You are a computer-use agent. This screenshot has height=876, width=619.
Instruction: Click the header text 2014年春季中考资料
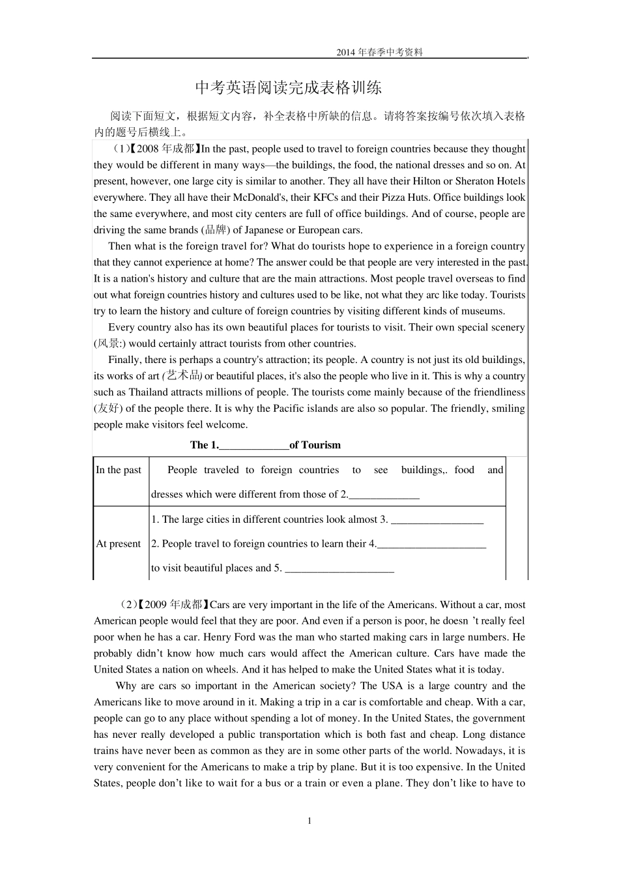click(x=379, y=52)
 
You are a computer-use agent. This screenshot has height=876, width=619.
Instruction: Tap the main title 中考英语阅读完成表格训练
click(x=289, y=87)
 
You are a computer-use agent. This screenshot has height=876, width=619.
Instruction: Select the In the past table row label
click(x=119, y=470)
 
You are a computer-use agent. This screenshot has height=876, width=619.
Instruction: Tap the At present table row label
click(x=118, y=544)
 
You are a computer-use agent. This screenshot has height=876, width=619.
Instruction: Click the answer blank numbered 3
click(x=437, y=520)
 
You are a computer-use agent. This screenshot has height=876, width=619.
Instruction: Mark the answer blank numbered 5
click(x=339, y=568)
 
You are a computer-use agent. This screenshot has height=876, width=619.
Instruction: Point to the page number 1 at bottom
click(x=309, y=821)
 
